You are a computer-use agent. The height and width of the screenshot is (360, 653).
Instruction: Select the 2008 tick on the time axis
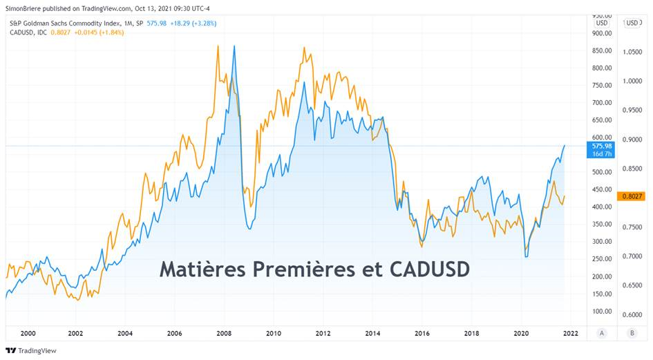224,333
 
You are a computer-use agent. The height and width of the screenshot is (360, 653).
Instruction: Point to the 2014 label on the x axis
372,333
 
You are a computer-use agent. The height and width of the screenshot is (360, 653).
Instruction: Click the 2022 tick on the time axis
570,333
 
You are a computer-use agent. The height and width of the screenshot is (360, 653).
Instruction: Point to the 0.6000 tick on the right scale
631,314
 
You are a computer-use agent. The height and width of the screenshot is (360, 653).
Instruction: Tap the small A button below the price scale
602,333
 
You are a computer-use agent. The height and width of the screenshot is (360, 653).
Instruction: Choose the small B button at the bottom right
632,333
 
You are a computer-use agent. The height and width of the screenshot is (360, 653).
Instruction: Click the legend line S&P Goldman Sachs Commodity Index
75,23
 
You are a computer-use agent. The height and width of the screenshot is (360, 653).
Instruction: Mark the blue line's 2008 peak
234,46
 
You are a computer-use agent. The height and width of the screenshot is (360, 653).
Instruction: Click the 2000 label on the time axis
28,333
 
